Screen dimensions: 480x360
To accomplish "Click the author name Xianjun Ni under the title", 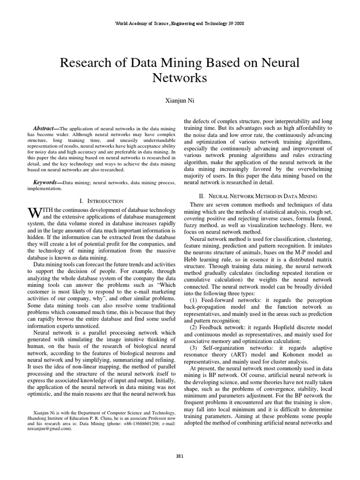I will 180,100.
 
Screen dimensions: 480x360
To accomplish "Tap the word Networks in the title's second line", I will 180,78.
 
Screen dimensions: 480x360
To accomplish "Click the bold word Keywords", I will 47,181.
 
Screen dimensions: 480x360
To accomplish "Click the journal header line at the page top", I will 180,23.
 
